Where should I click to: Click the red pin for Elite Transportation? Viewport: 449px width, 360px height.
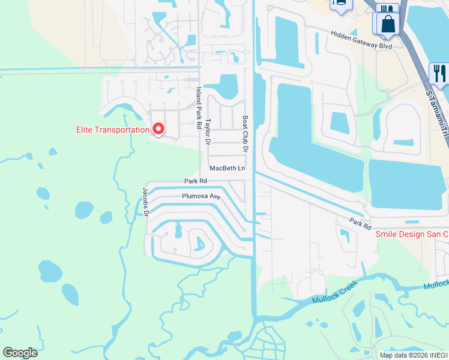(x=158, y=128)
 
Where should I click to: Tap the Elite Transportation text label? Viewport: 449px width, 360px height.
(x=112, y=130)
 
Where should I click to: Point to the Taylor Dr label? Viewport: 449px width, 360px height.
(x=207, y=131)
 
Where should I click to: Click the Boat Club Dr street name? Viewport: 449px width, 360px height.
(x=245, y=133)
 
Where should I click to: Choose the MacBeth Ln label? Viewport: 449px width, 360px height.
(x=228, y=169)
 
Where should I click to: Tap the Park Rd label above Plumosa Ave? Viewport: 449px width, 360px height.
(x=196, y=181)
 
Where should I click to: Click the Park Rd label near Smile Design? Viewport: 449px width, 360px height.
(x=361, y=223)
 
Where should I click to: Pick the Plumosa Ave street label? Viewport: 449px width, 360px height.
(x=202, y=196)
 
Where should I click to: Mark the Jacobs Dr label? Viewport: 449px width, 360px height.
(x=145, y=201)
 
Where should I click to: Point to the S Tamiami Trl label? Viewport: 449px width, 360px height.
(x=437, y=114)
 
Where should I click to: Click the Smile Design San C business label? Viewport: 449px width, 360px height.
(x=412, y=234)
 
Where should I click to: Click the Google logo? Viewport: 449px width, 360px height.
(x=20, y=353)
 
